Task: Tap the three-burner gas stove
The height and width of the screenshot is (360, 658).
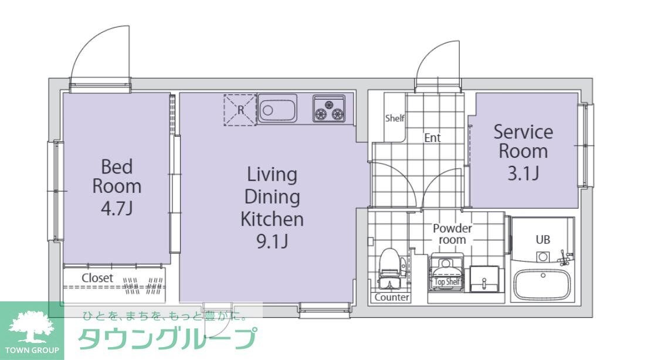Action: [x=330, y=109]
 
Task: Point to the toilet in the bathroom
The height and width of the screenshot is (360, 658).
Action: [x=389, y=267]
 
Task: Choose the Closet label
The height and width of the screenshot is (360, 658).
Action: [x=97, y=278]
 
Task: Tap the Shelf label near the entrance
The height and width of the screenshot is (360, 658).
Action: [x=395, y=118]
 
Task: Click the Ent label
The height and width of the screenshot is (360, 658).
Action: [x=432, y=138]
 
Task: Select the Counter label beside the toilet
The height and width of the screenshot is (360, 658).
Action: [x=392, y=297]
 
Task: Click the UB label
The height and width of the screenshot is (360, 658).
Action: [x=542, y=240]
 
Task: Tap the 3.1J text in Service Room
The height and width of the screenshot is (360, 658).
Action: [x=523, y=173]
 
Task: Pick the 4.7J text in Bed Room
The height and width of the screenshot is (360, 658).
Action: [x=117, y=208]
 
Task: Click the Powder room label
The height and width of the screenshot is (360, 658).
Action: [x=452, y=234]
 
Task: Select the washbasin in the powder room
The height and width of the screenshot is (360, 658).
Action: [x=484, y=278]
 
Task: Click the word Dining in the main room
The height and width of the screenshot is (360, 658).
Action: [x=272, y=196]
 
